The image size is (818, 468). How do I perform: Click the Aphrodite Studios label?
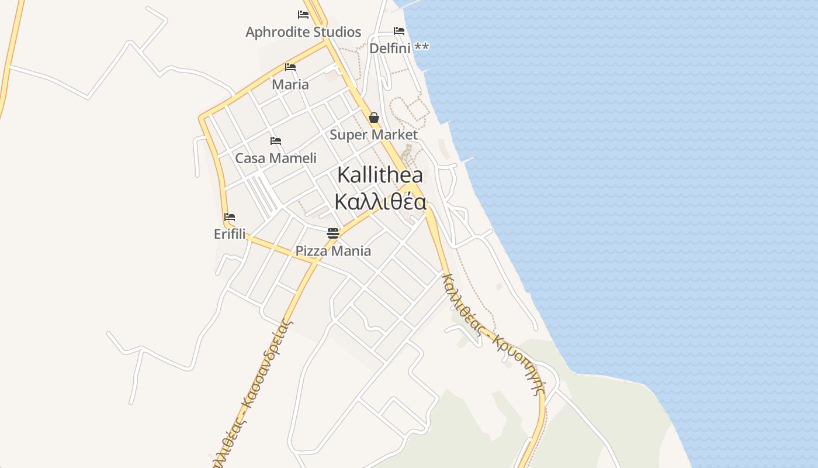(303, 32)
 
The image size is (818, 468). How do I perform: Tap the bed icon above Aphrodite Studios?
(303, 14)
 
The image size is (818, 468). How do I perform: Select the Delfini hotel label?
(390, 48)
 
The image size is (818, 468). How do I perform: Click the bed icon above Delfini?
(399, 30)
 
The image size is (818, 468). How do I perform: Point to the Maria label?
(290, 84)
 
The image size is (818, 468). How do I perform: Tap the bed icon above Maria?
(290, 67)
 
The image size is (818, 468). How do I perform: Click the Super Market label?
(373, 135)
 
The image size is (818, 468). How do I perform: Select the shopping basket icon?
(374, 118)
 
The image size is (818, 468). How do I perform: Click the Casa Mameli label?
(276, 159)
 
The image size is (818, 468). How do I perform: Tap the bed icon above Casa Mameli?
(276, 141)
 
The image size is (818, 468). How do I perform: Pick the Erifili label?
(230, 234)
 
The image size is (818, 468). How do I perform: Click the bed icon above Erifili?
(230, 216)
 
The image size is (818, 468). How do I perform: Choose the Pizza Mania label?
(333, 251)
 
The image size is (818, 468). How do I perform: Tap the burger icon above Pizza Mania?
(333, 233)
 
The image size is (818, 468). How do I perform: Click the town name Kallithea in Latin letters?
(380, 174)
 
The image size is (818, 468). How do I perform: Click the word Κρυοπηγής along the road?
(517, 364)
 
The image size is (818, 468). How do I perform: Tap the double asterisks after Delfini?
(422, 47)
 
